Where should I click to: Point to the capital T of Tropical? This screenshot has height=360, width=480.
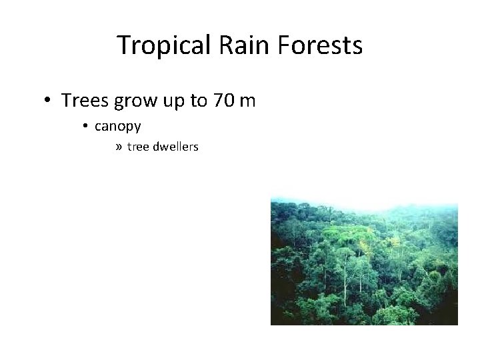point(124,45)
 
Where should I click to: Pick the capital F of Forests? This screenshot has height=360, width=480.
point(285,45)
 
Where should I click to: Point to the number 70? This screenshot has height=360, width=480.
point(224,101)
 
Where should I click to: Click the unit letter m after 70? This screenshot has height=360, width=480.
point(247,102)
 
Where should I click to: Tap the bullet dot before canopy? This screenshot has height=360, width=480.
point(87,126)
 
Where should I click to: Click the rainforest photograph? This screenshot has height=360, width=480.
point(364,267)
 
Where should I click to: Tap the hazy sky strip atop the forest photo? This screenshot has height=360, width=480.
point(364,201)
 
